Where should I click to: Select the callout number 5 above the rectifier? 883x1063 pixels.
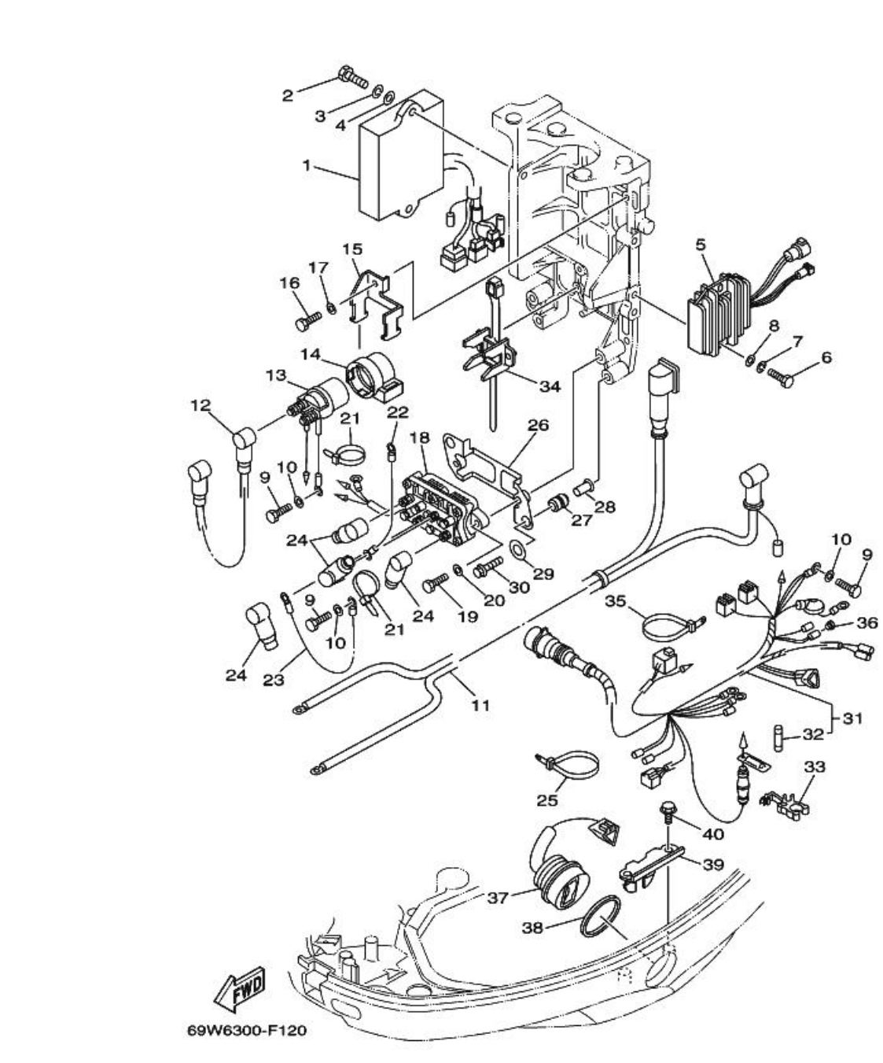click(x=700, y=245)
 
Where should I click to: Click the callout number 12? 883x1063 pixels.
click(x=201, y=405)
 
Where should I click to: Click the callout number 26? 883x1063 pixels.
click(x=538, y=426)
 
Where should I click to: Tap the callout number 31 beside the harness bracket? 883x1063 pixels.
click(x=852, y=718)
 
